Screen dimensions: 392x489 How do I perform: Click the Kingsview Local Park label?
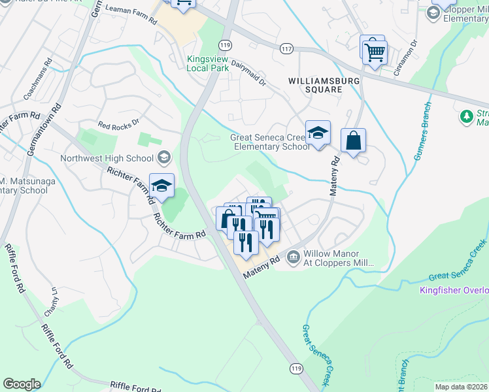pyautogui.click(x=208, y=63)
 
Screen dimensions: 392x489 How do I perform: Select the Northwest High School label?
pyautogui.click(x=107, y=158)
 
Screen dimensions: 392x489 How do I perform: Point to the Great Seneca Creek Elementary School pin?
pyautogui.click(x=318, y=133)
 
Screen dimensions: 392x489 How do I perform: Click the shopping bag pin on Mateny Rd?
pyautogui.click(x=353, y=141)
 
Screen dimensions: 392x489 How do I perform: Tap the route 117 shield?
pyautogui.click(x=285, y=48)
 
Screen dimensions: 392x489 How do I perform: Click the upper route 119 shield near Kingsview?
pyautogui.click(x=226, y=45)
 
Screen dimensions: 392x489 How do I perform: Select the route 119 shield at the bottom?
pyautogui.click(x=297, y=368)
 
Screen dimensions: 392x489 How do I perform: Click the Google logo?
pyautogui.click(x=22, y=384)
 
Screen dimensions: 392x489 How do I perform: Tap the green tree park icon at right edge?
pyautogui.click(x=466, y=117)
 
